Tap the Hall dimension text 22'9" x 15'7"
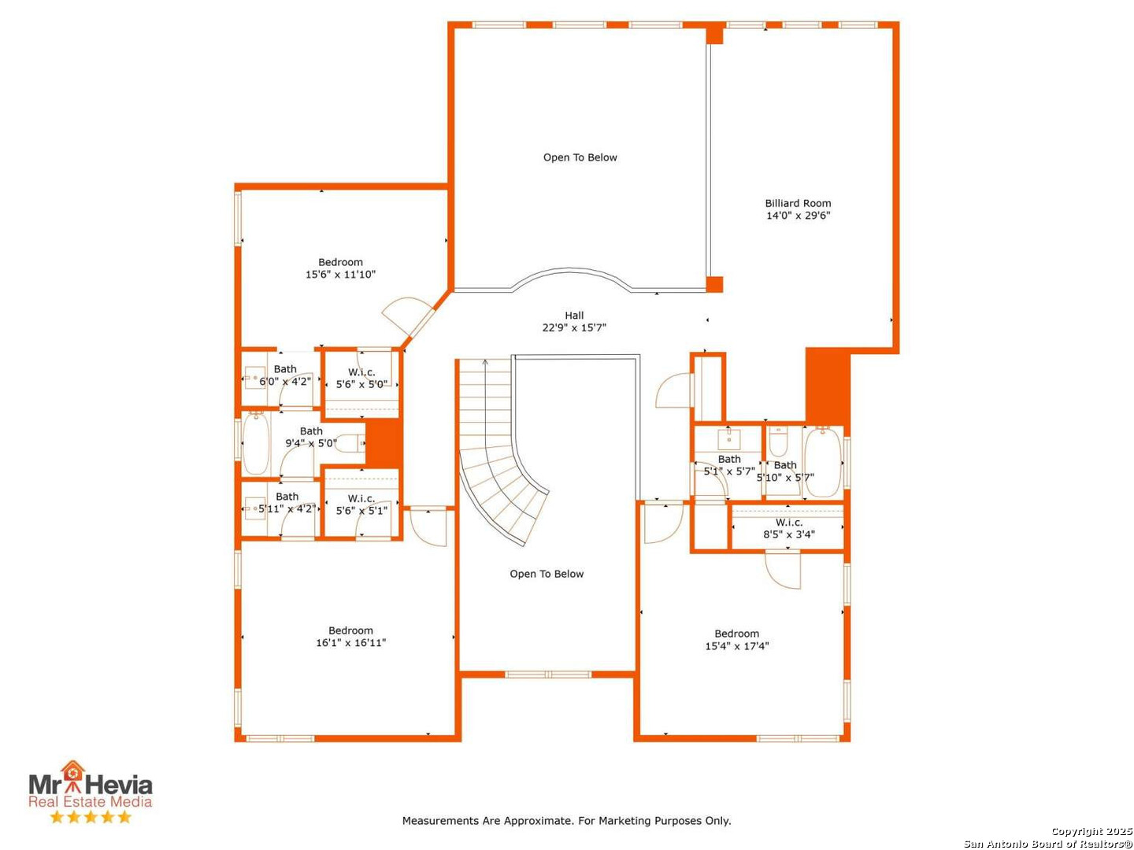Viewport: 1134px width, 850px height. pyautogui.click(x=574, y=327)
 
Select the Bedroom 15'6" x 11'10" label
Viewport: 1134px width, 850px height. pyautogui.click(x=340, y=268)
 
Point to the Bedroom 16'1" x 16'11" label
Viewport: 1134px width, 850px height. pyautogui.click(x=350, y=637)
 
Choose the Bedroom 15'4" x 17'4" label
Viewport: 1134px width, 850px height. pyautogui.click(x=737, y=639)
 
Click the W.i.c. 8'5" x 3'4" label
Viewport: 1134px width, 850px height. pyautogui.click(x=789, y=528)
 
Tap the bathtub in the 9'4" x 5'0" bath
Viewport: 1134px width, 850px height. pyautogui.click(x=256, y=443)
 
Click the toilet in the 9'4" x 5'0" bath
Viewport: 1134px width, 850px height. pyautogui.click(x=350, y=443)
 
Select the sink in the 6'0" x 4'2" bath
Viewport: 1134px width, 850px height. pyautogui.click(x=254, y=379)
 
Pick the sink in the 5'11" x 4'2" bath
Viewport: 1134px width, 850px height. pyautogui.click(x=254, y=509)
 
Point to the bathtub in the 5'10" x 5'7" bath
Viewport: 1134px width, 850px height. pyautogui.click(x=823, y=462)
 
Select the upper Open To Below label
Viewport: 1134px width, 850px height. pyautogui.click(x=580, y=157)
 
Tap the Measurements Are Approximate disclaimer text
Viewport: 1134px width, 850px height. pyautogui.click(x=566, y=820)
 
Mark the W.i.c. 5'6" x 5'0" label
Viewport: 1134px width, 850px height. pyautogui.click(x=361, y=379)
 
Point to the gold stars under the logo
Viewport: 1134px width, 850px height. pyautogui.click(x=91, y=816)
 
